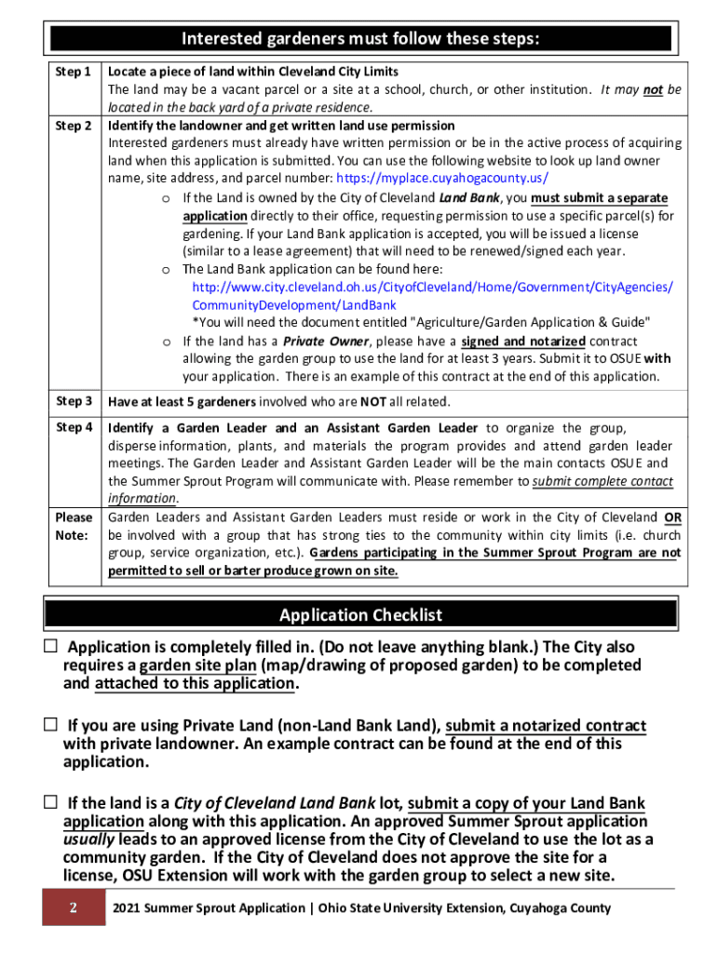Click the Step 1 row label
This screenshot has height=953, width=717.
click(74, 72)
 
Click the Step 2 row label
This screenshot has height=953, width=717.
click(74, 126)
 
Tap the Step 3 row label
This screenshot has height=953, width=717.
click(74, 401)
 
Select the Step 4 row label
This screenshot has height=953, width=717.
click(74, 428)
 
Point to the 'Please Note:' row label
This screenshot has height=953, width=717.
click(74, 526)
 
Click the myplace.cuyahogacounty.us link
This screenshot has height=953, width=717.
click(442, 178)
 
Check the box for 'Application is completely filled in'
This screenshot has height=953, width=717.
click(50, 647)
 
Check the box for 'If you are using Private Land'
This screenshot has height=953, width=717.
click(50, 725)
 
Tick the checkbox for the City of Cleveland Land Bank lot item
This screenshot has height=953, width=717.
click(50, 802)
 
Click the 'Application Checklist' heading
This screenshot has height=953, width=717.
click(360, 615)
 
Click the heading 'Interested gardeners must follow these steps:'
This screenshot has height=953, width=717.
click(360, 39)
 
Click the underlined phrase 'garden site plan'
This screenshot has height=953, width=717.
click(197, 665)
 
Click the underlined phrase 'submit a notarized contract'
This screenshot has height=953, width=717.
click(546, 726)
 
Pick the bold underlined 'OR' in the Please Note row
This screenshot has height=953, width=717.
click(671, 517)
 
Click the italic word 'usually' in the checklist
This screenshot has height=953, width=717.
click(90, 839)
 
